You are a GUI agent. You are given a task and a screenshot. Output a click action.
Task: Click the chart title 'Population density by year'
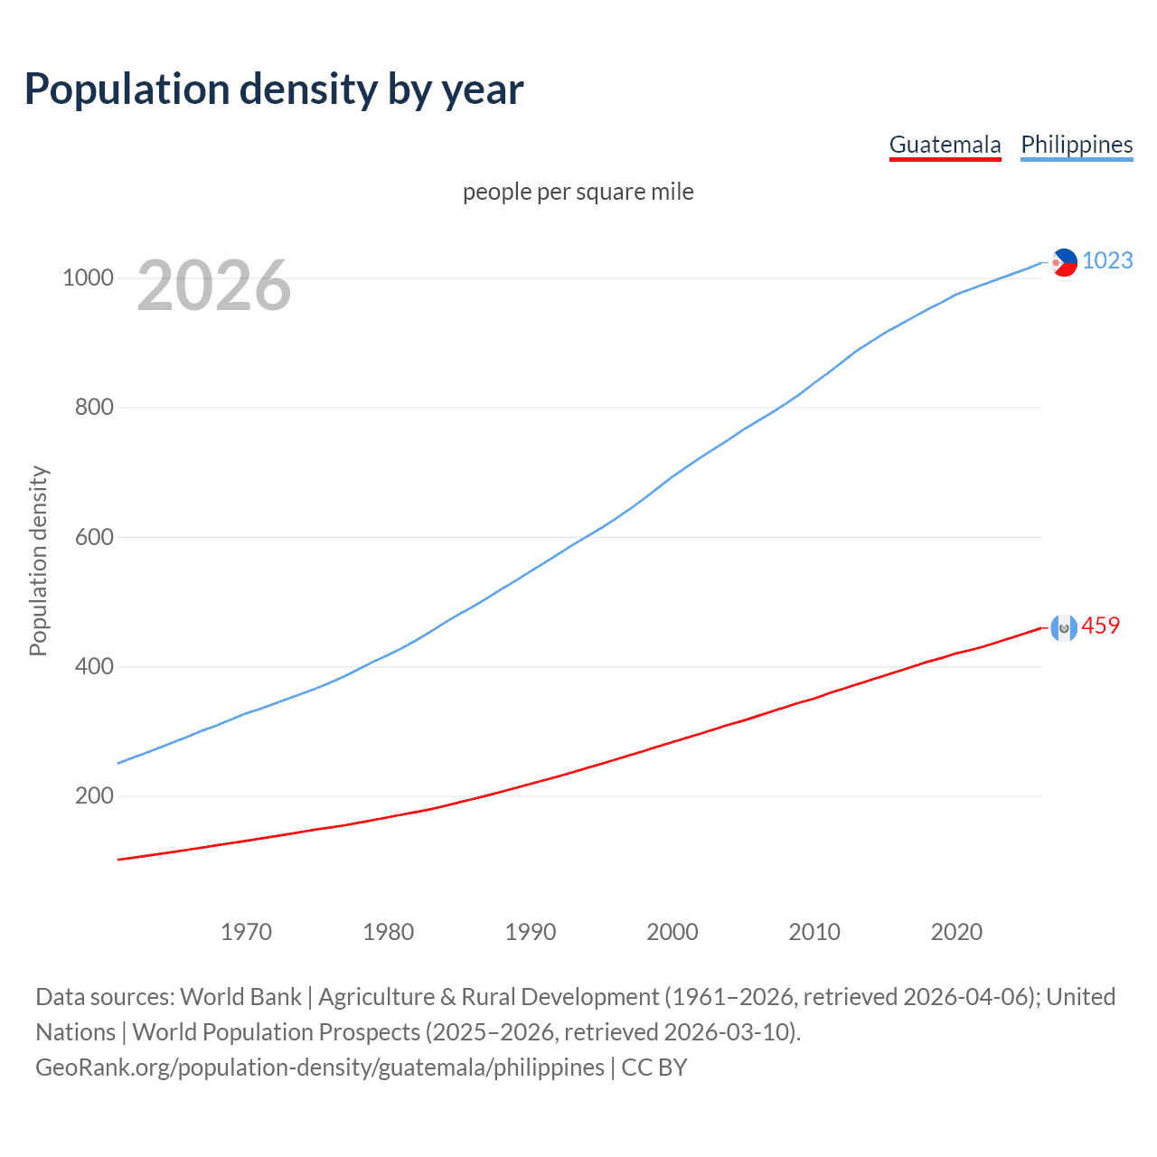274,89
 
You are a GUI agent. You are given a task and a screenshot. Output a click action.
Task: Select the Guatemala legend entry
945,145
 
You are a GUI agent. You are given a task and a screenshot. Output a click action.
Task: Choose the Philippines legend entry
1076,145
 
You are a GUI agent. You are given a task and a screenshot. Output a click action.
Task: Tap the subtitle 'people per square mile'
578,192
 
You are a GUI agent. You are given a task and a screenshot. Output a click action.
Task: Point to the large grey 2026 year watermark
214,286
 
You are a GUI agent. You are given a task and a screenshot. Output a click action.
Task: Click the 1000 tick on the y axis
88,277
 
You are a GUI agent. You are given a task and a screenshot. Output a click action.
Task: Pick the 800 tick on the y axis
94,407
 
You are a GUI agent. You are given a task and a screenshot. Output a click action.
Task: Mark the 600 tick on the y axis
94,537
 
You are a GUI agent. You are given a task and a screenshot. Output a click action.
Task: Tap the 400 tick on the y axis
94,666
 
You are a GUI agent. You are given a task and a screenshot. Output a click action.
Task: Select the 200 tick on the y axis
94,795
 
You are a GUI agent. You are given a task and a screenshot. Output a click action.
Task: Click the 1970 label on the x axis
246,931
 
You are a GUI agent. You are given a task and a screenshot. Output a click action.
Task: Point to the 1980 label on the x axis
388,931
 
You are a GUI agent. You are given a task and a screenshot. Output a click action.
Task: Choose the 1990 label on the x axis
531,931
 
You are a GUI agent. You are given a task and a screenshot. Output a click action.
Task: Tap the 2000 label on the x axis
673,931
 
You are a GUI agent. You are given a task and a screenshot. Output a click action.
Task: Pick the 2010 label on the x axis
814,931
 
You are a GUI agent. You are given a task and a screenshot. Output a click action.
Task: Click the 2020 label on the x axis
956,931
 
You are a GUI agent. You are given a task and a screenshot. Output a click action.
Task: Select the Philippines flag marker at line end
1064,262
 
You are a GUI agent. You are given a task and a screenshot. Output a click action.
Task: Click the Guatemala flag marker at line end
1064,627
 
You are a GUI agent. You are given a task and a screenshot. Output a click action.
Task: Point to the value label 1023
1107,260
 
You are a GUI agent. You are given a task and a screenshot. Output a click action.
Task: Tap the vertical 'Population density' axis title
38,560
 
